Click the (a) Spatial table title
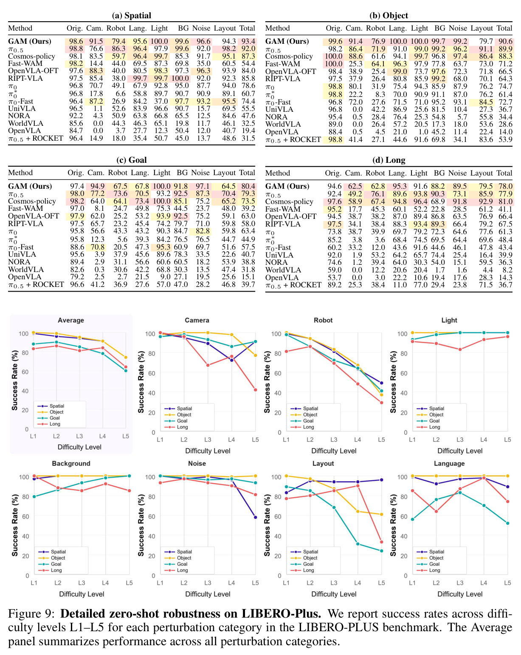tap(131, 15)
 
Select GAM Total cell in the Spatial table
tap(248, 41)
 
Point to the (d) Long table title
tap(389, 160)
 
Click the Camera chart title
tap(197, 320)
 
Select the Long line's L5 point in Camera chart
tap(255, 390)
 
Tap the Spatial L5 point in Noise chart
tap(255, 517)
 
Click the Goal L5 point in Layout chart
tap(381, 551)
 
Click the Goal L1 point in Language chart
tap(412, 519)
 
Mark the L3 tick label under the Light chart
tap(460, 440)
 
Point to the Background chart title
tap(71, 464)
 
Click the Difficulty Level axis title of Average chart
tap(79, 447)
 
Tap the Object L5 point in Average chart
tap(126, 357)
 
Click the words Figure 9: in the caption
tap(31, 614)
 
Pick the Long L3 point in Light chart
tap(460, 349)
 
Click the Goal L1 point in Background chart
tap(34, 497)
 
